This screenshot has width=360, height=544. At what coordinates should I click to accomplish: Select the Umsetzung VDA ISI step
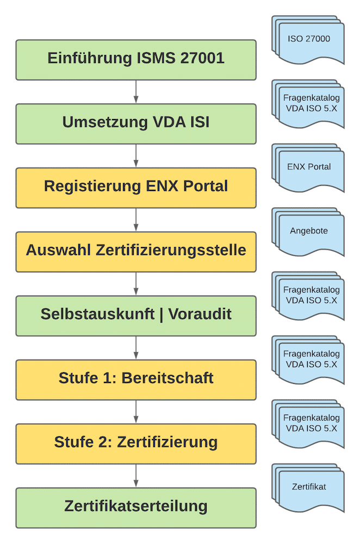[136, 123]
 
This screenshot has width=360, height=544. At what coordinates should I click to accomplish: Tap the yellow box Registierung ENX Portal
[136, 187]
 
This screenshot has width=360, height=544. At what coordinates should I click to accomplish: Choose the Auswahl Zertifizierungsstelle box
[136, 251]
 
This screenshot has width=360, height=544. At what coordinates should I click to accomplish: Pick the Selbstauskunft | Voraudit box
[136, 315]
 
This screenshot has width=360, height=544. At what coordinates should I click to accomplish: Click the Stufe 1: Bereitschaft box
[136, 379]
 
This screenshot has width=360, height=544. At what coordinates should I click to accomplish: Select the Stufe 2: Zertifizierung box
[136, 443]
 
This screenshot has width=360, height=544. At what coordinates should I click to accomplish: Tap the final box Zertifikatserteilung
[136, 507]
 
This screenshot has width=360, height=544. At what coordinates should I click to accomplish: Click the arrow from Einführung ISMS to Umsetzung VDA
[136, 92]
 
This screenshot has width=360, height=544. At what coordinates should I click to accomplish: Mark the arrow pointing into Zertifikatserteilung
[136, 476]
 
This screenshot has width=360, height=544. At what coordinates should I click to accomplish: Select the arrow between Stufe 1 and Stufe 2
[136, 412]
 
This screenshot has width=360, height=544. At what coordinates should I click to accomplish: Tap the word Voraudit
[200, 314]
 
